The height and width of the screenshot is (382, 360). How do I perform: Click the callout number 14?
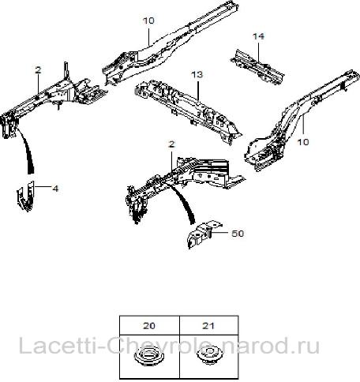(258, 36)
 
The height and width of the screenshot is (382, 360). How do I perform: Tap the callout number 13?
(197, 75)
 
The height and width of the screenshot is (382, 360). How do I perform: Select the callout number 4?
(55, 189)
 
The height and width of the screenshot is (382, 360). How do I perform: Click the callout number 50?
(238, 234)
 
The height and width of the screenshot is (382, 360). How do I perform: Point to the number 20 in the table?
(149, 326)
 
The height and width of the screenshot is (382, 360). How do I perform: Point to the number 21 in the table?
(208, 326)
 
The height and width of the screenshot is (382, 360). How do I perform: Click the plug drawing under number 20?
(149, 357)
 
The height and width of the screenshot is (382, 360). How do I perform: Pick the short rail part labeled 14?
(257, 68)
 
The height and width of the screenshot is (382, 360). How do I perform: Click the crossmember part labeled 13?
(187, 110)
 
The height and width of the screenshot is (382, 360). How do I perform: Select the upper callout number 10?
(148, 21)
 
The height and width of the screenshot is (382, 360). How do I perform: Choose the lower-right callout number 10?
(303, 142)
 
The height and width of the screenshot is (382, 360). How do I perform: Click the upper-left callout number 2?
(38, 70)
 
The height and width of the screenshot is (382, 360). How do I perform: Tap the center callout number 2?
(171, 144)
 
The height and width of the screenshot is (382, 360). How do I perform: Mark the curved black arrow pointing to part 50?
(184, 204)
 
